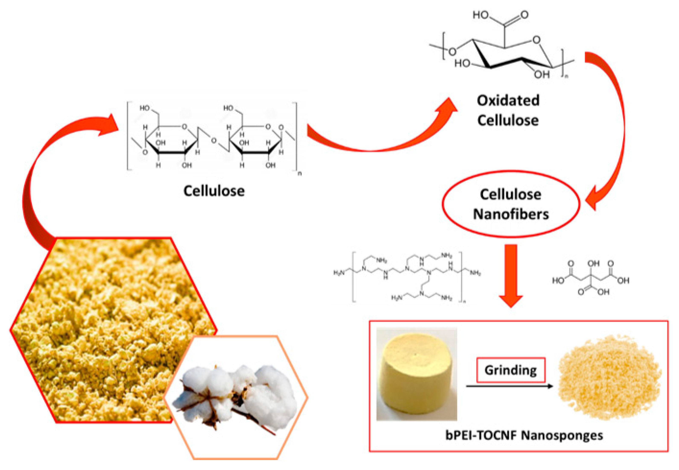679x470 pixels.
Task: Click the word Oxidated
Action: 508,101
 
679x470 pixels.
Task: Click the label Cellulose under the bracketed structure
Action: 214,191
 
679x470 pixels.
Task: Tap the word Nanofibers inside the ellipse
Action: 511,214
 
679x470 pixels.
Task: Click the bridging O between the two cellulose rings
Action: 214,141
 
